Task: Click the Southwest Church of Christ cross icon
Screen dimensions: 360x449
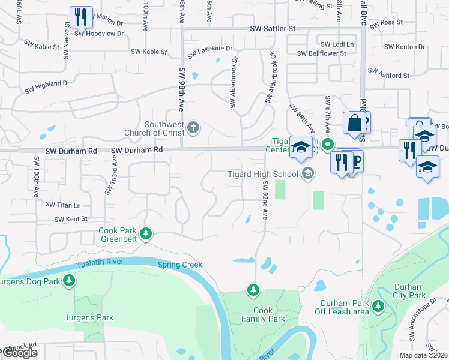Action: pyautogui.click(x=193, y=127)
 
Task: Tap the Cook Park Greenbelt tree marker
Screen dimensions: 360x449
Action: pyautogui.click(x=145, y=233)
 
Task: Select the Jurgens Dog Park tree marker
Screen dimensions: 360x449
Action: pyautogui.click(x=70, y=280)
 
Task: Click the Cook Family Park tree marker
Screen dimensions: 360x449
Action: pyautogui.click(x=253, y=290)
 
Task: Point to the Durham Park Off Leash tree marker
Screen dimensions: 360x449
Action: pyautogui.click(x=378, y=306)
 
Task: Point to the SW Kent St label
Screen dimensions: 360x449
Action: pyautogui.click(x=71, y=220)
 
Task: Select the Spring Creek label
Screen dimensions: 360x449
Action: pyautogui.click(x=180, y=265)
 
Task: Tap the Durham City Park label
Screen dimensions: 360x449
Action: pyautogui.click(x=409, y=291)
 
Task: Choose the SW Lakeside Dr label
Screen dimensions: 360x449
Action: pyautogui.click(x=209, y=51)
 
